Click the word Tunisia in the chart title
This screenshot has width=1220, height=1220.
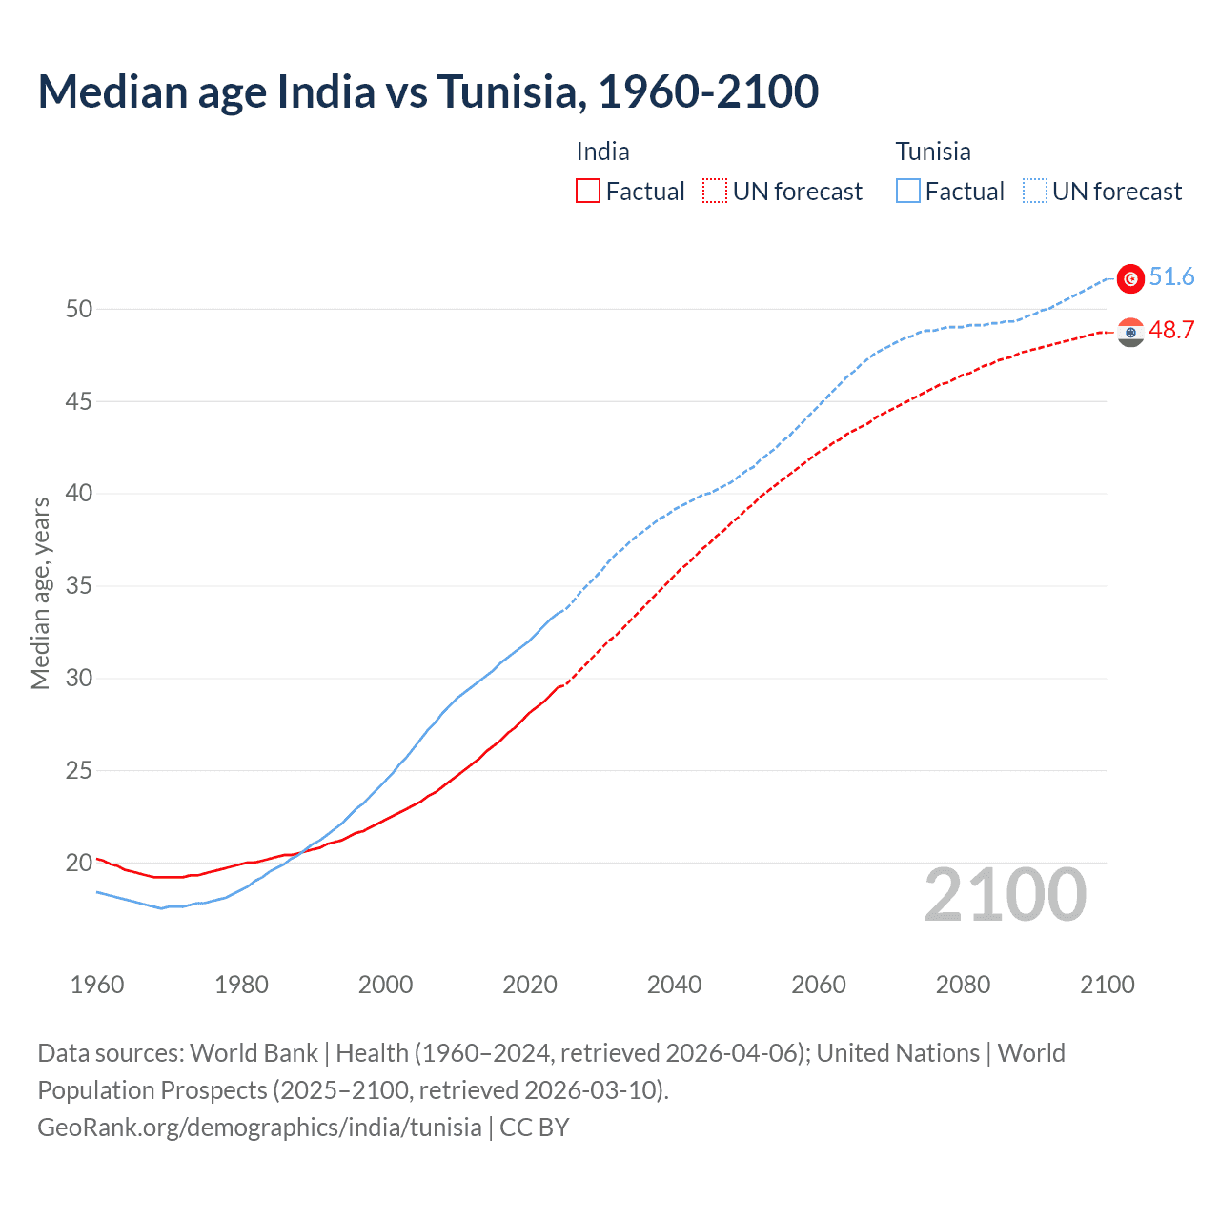(x=506, y=91)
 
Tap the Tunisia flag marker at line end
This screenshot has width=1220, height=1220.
(x=1130, y=278)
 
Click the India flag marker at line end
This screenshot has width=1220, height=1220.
(x=1130, y=332)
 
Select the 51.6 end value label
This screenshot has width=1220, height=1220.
(x=1171, y=276)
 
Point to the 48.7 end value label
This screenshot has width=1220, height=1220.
(x=1171, y=330)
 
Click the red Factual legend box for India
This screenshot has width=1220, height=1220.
(x=588, y=192)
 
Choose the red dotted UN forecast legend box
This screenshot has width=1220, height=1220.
(x=715, y=192)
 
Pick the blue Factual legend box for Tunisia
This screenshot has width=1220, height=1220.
(x=908, y=192)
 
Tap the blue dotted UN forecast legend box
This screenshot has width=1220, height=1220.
(x=1035, y=192)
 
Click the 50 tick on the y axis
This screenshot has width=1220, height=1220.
(x=79, y=309)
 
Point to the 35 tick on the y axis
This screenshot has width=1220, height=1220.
(x=79, y=585)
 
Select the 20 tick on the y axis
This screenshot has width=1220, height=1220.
(x=79, y=863)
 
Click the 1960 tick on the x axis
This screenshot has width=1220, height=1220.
(x=97, y=985)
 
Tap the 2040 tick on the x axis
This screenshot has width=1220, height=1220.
(x=674, y=985)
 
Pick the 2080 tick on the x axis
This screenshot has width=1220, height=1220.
(x=963, y=985)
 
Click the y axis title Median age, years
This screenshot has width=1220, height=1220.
(x=40, y=593)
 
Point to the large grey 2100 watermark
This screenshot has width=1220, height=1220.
(x=1005, y=895)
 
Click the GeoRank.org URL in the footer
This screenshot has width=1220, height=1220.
(x=259, y=1128)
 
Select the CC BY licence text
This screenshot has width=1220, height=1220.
(x=535, y=1128)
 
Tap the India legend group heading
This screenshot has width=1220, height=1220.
(x=602, y=152)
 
